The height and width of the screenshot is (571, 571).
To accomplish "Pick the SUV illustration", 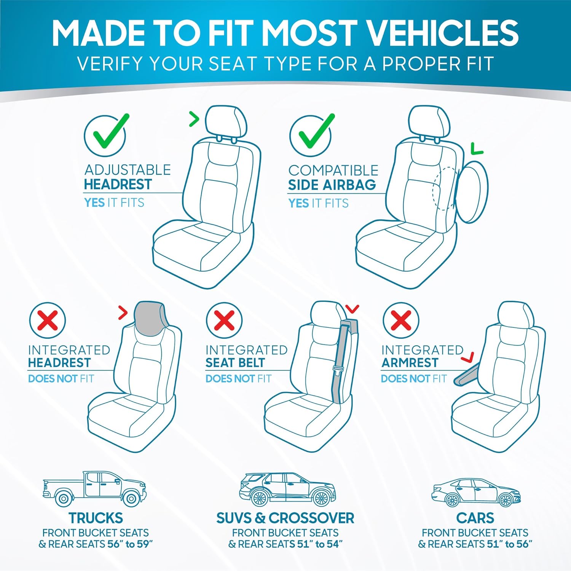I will (x=287, y=490).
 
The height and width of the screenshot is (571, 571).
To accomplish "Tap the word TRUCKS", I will (x=96, y=518).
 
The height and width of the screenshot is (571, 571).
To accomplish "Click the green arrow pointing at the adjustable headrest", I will (x=194, y=120).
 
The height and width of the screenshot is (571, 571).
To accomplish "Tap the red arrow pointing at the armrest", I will (x=468, y=357).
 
